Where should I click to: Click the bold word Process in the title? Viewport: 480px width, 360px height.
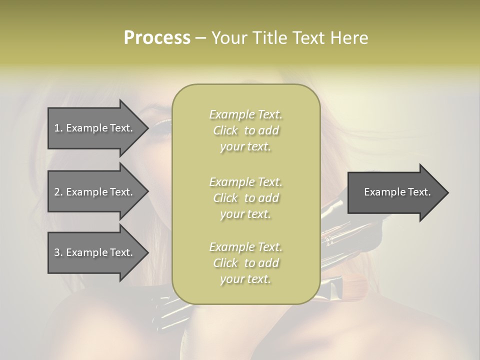157,38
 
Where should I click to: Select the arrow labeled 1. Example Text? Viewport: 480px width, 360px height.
95,128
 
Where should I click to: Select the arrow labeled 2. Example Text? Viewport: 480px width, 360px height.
95,192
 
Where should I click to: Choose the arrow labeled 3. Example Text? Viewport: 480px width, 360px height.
95,252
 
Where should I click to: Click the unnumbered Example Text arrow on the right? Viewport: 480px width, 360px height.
397,192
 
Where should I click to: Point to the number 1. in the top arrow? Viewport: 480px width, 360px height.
58,128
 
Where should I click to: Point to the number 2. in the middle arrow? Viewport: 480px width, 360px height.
58,192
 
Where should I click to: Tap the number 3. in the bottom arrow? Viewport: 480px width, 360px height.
58,252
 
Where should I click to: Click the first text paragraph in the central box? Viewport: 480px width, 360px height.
245,130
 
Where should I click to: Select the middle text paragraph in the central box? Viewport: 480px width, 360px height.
245,197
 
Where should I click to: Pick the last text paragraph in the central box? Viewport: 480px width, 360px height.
245,263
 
